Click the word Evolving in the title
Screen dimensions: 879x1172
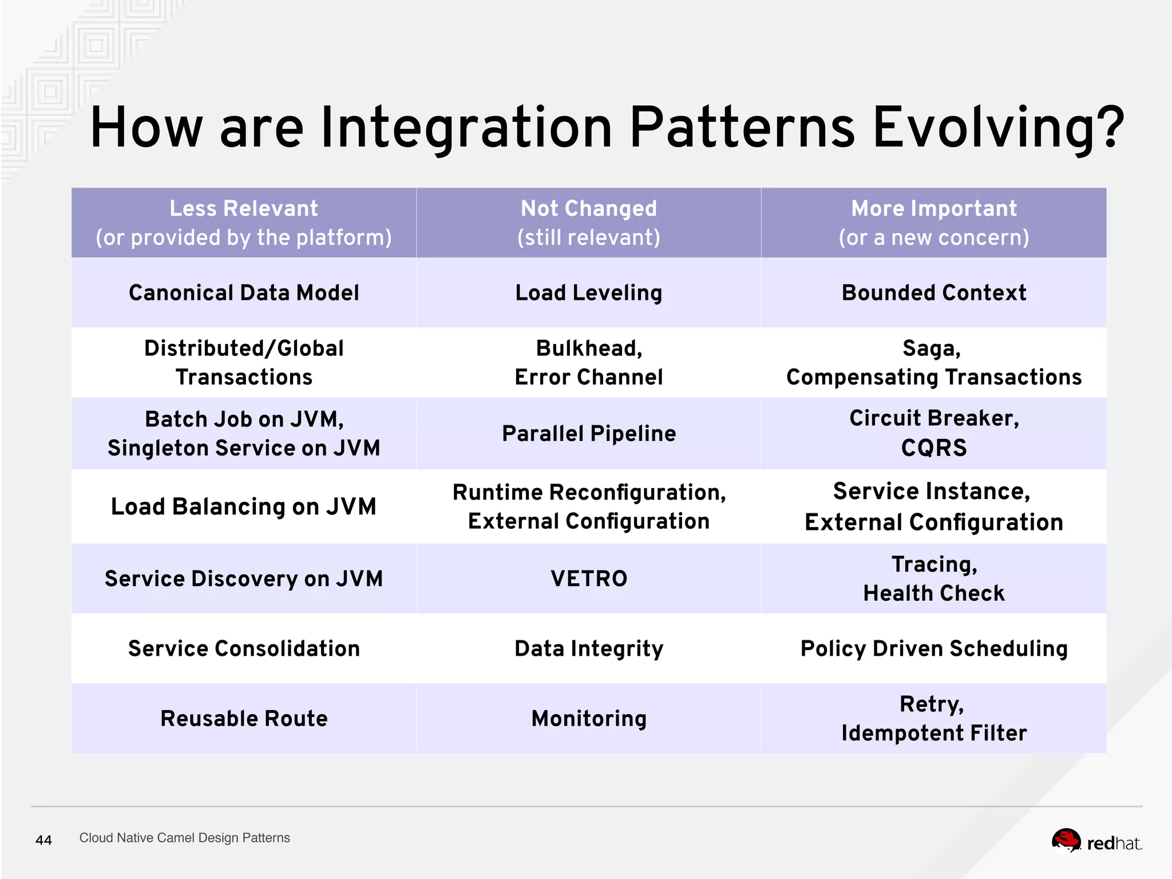click(x=998, y=128)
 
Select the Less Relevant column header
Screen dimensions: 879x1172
click(x=244, y=223)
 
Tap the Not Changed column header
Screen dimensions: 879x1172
click(x=588, y=223)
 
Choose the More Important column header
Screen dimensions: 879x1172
click(x=933, y=223)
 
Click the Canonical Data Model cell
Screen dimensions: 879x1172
click(x=244, y=292)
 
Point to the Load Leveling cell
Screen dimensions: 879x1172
click(x=588, y=292)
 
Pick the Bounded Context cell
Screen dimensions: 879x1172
click(x=933, y=292)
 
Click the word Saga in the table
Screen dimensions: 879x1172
click(x=931, y=348)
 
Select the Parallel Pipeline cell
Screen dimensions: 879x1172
click(x=588, y=433)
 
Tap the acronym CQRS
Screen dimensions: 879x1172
click(x=933, y=448)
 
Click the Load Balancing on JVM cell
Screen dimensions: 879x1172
click(x=244, y=506)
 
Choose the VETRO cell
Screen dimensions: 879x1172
click(x=588, y=579)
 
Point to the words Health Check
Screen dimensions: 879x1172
click(x=933, y=593)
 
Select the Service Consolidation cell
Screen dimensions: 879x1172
click(x=244, y=648)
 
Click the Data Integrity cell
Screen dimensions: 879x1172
click(x=588, y=648)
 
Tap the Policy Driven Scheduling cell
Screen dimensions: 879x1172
click(x=933, y=648)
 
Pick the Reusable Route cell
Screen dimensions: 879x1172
click(x=244, y=718)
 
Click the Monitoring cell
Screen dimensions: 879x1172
click(x=588, y=718)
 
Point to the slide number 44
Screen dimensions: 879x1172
click(x=43, y=840)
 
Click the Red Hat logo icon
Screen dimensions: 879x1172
click(x=1066, y=841)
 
